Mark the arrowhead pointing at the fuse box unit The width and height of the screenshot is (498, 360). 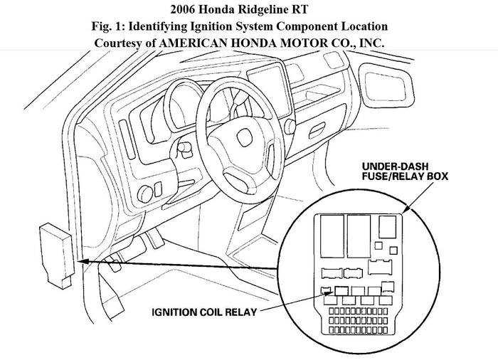click(85, 263)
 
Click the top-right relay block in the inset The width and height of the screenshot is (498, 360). click(388, 228)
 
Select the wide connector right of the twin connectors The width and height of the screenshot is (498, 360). click(381, 272)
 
